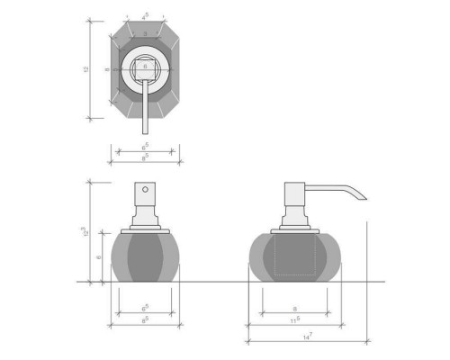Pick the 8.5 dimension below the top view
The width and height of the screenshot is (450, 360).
point(146,157)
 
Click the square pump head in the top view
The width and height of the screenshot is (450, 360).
point(145,66)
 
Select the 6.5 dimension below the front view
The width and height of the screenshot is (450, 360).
point(145,308)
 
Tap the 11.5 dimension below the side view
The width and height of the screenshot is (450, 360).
point(296,319)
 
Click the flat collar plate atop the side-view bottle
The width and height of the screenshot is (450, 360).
point(295,229)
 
